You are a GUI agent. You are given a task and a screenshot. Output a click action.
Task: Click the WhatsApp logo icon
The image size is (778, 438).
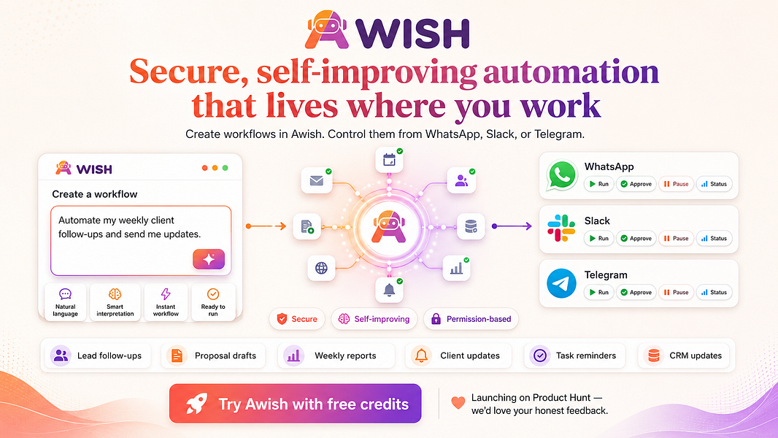[562, 175]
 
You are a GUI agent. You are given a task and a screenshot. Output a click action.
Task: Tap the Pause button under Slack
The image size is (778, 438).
[676, 238]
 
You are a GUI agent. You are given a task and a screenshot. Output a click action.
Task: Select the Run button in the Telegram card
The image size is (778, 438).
[598, 292]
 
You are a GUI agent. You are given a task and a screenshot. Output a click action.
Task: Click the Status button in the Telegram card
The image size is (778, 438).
[714, 292]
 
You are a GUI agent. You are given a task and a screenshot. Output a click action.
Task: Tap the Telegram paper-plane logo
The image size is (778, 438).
[561, 283]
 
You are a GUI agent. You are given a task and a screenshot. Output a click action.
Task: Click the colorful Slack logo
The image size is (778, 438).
[561, 228]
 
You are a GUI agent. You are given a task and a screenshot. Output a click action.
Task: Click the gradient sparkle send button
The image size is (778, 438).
[209, 259]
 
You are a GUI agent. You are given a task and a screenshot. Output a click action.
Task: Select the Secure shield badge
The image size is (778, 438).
[297, 319]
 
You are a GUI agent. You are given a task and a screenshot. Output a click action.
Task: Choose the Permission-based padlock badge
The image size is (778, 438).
[471, 319]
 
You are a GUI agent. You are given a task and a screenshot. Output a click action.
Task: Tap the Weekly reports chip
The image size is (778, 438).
[336, 356]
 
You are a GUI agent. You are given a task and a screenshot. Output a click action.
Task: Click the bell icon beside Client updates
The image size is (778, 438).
[421, 356]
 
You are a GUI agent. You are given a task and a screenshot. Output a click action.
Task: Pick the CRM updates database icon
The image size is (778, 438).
[653, 356]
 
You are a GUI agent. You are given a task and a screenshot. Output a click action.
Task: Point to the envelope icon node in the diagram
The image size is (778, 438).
[317, 180]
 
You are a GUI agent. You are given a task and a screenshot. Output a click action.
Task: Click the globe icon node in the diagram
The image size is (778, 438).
[322, 269]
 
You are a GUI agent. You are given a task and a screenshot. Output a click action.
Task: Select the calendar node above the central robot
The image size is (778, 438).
[389, 160]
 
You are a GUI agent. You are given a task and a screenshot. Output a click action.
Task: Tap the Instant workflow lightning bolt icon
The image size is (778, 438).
[166, 294]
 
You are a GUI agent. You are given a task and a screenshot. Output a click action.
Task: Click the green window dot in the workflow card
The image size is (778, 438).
[226, 168]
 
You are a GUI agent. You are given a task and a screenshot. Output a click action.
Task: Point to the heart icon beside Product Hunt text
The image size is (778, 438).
[458, 402]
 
